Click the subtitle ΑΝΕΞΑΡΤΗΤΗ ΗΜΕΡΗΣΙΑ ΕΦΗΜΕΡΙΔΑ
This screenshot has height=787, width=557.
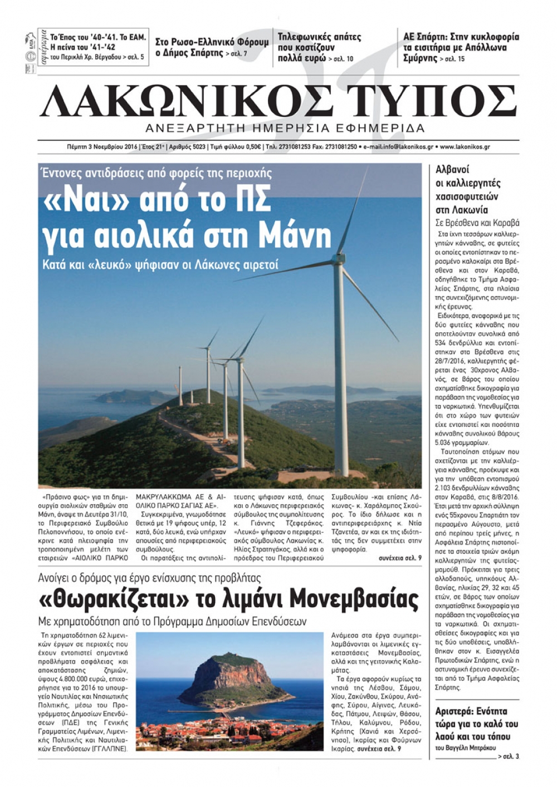tap(285, 128)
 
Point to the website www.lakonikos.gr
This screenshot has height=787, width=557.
tap(465, 147)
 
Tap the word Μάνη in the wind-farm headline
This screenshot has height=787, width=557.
tap(299, 235)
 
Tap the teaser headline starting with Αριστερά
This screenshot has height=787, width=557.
tap(477, 724)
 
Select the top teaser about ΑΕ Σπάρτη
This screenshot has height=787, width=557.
tap(461, 47)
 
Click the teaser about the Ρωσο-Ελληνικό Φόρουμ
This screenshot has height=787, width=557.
tap(212, 47)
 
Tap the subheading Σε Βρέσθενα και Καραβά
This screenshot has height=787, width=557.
tap(477, 223)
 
